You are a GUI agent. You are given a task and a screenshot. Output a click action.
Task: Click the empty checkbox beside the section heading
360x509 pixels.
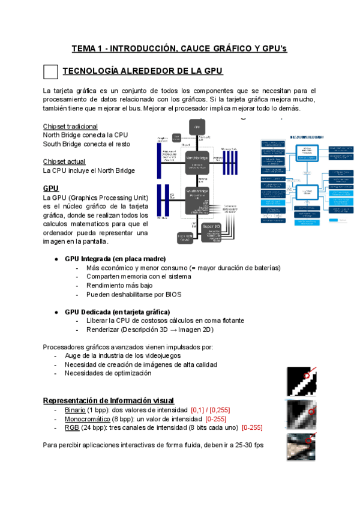pyautogui.click(x=51, y=72)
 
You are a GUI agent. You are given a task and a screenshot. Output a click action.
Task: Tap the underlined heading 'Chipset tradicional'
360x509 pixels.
pyautogui.click(x=70, y=127)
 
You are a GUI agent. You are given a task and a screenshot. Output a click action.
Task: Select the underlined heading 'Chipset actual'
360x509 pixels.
pyautogui.click(x=64, y=161)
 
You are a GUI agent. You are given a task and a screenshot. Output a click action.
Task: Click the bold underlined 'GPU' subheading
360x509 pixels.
pyautogui.click(x=51, y=188)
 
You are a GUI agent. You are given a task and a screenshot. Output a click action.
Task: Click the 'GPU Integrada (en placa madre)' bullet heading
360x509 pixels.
pyautogui.click(x=115, y=259)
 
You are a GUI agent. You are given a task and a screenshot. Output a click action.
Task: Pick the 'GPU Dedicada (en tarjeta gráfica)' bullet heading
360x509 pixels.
pyautogui.click(x=117, y=312)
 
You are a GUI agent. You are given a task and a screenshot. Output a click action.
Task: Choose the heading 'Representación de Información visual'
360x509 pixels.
pyautogui.click(x=109, y=400)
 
